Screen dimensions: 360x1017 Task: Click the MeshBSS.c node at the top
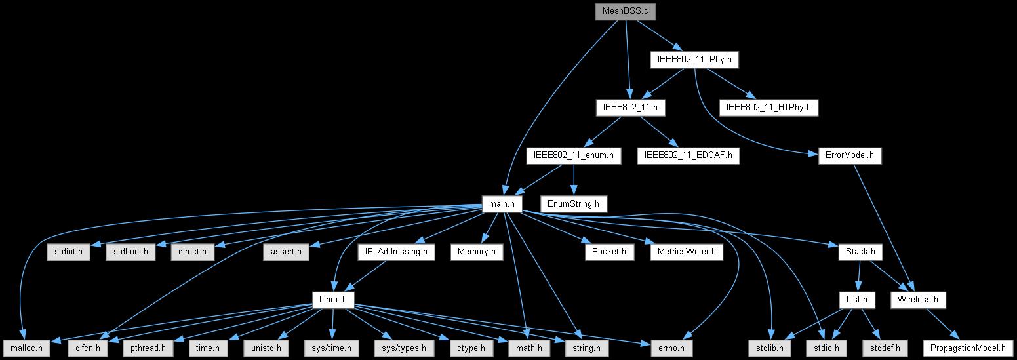pyautogui.click(x=624, y=12)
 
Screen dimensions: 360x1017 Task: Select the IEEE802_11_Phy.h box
pyautogui.click(x=694, y=60)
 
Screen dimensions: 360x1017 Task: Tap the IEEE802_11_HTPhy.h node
pyautogui.click(x=769, y=107)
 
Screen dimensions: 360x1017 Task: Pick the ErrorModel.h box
pyautogui.click(x=849, y=155)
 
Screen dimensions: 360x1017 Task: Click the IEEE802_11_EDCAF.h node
pyautogui.click(x=688, y=155)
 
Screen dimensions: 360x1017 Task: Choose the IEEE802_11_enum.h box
pyautogui.click(x=574, y=155)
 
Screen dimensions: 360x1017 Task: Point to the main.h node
pyautogui.click(x=502, y=204)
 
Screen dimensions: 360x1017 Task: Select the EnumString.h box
pyautogui.click(x=573, y=204)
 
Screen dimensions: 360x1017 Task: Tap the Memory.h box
pyautogui.click(x=482, y=251)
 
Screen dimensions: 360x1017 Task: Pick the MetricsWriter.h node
pyautogui.click(x=686, y=251)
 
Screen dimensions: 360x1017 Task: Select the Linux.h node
pyautogui.click(x=333, y=300)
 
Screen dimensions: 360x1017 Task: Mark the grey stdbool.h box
pyautogui.click(x=130, y=251)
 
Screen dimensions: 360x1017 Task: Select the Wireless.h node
pyautogui.click(x=918, y=300)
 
